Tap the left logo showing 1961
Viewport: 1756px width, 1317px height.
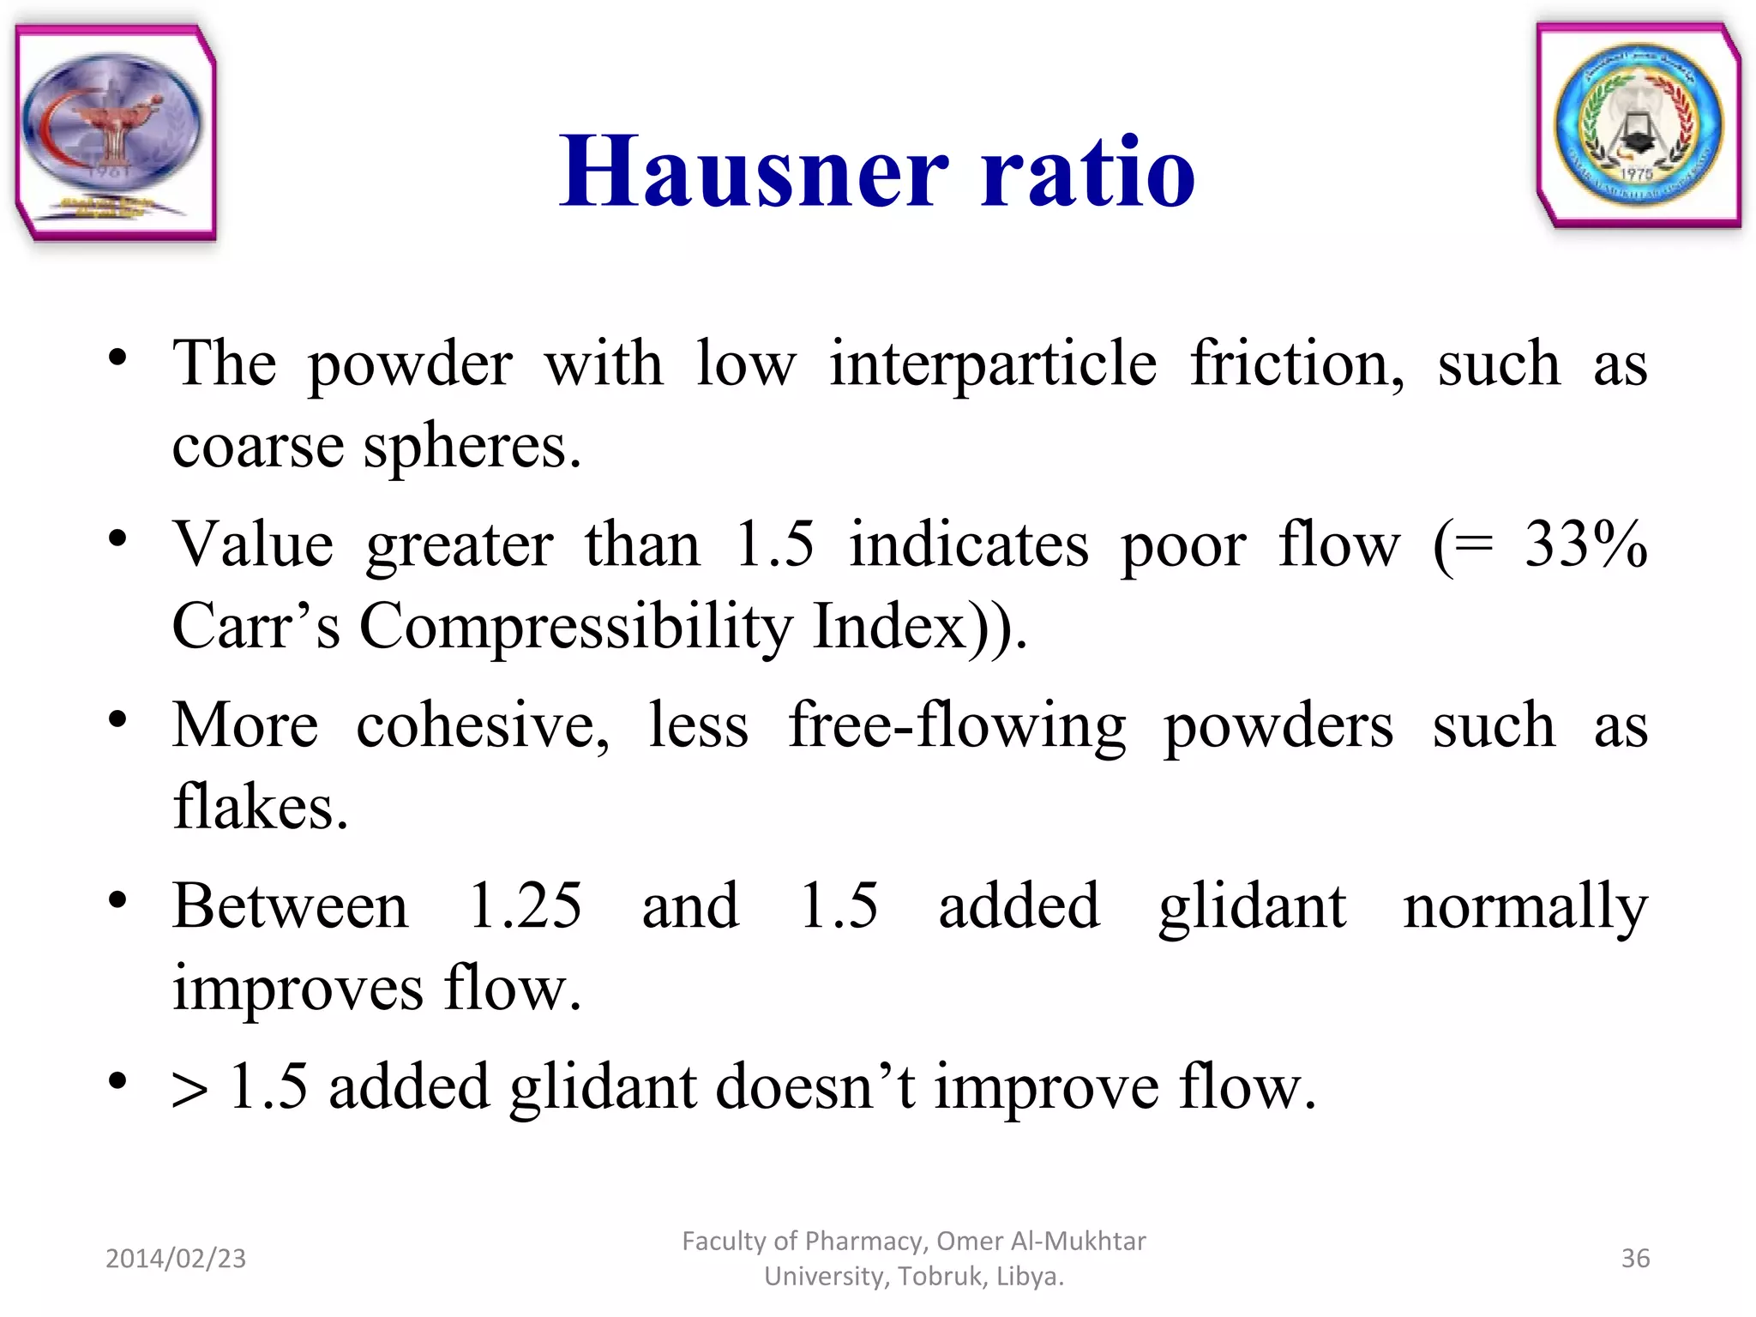click(115, 133)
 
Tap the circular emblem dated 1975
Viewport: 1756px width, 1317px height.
click(1638, 126)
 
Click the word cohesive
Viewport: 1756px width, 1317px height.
click(483, 725)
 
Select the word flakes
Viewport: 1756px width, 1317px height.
click(260, 807)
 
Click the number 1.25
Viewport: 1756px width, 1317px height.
click(526, 905)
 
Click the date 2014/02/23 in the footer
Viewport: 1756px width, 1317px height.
click(176, 1258)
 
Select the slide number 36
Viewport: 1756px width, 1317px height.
click(1635, 1258)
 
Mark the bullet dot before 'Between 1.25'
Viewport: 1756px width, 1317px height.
click(117, 900)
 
